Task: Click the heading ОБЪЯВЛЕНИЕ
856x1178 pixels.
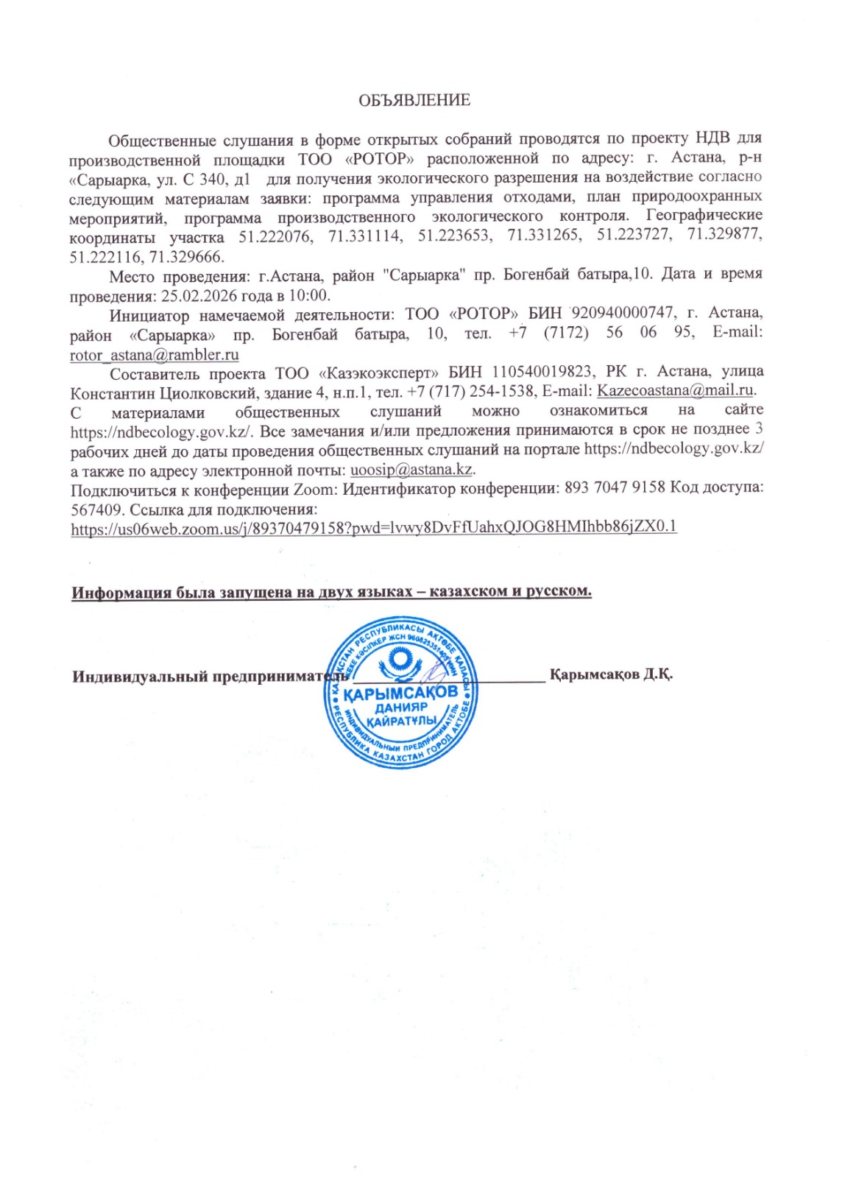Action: [414, 100]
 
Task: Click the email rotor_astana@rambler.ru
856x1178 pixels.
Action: [154, 354]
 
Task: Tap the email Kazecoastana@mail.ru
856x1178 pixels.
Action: [675, 390]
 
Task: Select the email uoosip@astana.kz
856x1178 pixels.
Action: [411, 469]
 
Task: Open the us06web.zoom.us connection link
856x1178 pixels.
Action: [373, 527]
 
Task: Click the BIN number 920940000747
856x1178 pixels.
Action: [622, 314]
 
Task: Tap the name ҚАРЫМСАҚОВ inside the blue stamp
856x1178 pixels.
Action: [401, 693]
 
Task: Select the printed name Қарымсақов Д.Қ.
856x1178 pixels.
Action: [611, 674]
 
